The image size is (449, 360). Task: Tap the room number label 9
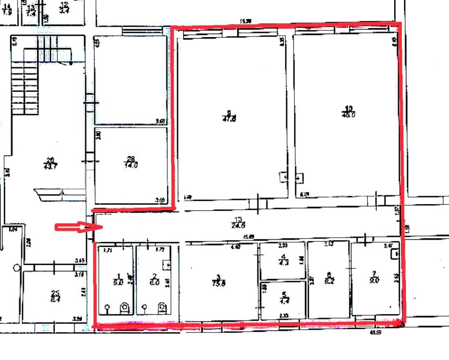coord(229,113)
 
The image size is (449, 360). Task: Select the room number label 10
coord(349,108)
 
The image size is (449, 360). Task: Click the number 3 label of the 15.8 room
coord(219,277)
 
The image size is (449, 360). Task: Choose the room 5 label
coord(283,294)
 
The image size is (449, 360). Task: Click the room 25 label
coord(55,293)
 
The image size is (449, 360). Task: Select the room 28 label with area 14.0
coord(131,158)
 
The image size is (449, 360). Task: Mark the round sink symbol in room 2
coord(144,307)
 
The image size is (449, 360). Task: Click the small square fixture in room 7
coord(395,255)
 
